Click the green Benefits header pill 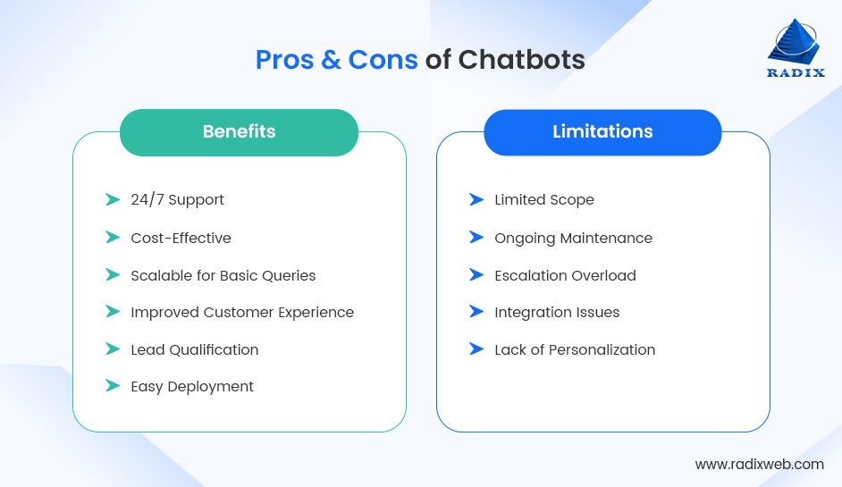(239, 132)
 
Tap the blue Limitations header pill (602, 132)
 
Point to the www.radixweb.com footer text (759, 464)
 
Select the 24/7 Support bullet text (177, 199)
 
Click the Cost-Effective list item (181, 238)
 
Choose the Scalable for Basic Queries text (223, 275)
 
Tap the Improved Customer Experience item (242, 312)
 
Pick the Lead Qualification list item (194, 349)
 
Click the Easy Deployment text (192, 386)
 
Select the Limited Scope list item (543, 199)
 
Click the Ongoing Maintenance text (573, 238)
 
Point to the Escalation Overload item (565, 275)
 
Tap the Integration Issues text (557, 312)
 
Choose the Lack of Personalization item (575, 349)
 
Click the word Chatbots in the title (521, 60)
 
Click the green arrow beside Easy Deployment (113, 386)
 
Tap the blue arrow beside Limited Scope (476, 199)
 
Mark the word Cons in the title (383, 60)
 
